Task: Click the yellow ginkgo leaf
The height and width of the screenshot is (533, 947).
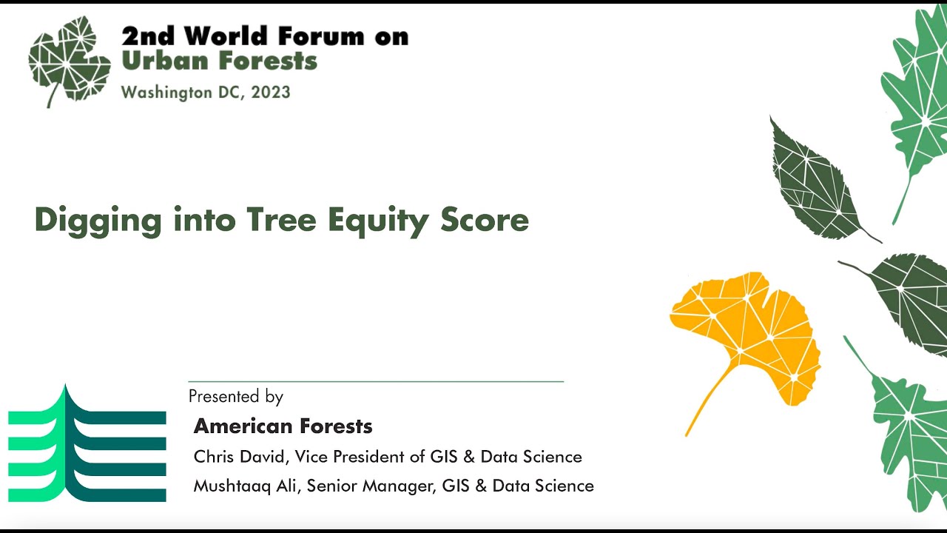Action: click(747, 333)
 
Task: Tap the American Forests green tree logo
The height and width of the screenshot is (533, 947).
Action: click(87, 443)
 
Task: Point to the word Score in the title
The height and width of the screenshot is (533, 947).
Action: click(485, 220)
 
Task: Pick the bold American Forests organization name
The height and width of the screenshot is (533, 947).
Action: click(283, 426)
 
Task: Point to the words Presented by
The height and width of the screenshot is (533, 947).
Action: click(235, 397)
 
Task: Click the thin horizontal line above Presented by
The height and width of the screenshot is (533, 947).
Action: click(376, 381)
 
